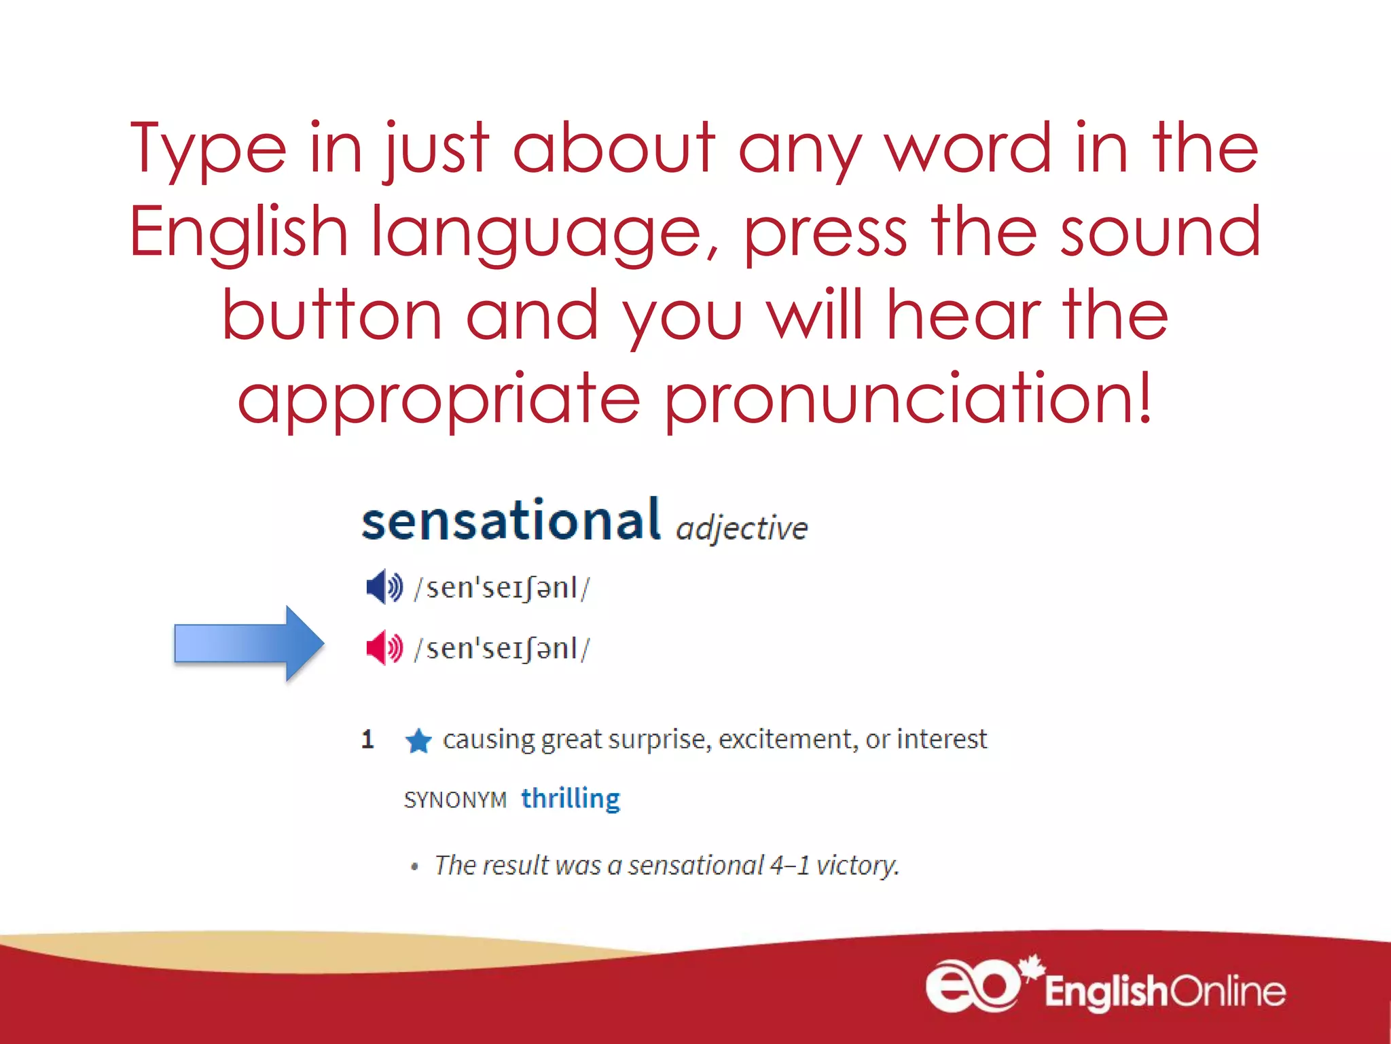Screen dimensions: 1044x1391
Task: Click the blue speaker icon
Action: pyautogui.click(x=384, y=587)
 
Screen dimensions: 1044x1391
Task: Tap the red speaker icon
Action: pyautogui.click(x=384, y=647)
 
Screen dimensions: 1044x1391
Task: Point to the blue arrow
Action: pyautogui.click(x=249, y=643)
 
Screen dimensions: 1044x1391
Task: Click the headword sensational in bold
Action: pyautogui.click(x=511, y=521)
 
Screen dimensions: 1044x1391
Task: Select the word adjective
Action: pyautogui.click(x=742, y=529)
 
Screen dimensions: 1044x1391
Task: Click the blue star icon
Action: pyautogui.click(x=418, y=741)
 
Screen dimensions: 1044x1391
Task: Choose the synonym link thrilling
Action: pyautogui.click(x=571, y=799)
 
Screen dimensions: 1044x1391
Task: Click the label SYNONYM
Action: pyautogui.click(x=455, y=800)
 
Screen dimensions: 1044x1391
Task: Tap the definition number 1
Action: pyautogui.click(x=367, y=739)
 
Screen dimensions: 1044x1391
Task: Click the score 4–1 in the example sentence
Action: pyautogui.click(x=789, y=865)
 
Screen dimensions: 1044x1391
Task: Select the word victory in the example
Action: pyautogui.click(x=857, y=866)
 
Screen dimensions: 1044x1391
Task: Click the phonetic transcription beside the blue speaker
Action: pyautogui.click(x=502, y=588)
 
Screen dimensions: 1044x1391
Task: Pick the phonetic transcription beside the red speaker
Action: pyautogui.click(x=502, y=648)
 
